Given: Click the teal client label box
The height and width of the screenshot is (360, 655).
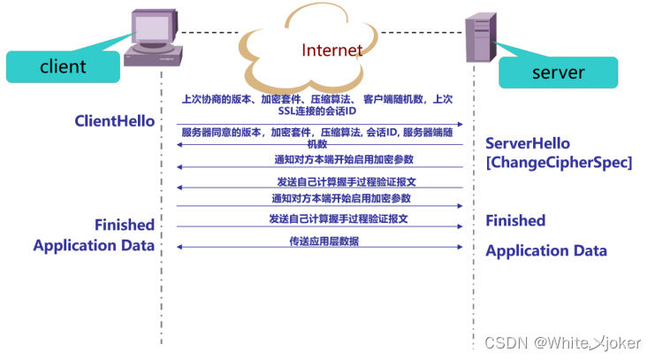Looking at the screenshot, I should point(63,66).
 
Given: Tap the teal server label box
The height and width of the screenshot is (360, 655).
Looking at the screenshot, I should point(558,71).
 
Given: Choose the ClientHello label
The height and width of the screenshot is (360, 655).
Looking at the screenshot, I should point(115,121).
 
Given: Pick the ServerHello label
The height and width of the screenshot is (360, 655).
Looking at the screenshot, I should point(528,143).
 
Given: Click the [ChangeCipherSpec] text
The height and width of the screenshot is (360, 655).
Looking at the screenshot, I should point(559,162).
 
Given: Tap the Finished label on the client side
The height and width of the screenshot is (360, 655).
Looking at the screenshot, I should point(125,225).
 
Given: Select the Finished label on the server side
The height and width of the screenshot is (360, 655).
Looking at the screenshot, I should point(515,220).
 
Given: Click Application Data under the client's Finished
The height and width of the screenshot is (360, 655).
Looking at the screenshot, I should point(94,245).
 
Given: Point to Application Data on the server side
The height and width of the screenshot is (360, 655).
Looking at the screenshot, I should point(546,250).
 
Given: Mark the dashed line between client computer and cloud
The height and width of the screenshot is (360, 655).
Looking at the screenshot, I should point(211,33).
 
